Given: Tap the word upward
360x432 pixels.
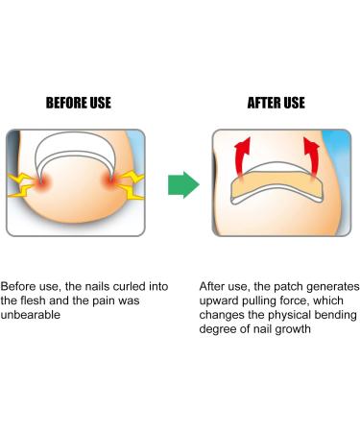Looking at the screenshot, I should click(x=222, y=301).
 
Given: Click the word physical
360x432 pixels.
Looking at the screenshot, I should click(x=290, y=317).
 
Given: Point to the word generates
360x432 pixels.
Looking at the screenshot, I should click(x=330, y=286).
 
